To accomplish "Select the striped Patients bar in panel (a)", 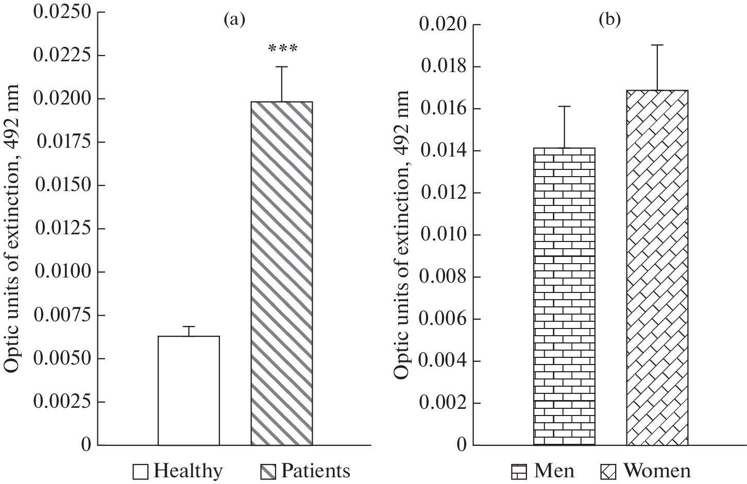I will (282, 273).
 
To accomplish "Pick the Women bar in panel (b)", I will (657, 268).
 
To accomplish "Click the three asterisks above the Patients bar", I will (282, 49).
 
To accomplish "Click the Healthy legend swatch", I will (141, 472).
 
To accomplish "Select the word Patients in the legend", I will (315, 471).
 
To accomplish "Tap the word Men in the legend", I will (554, 471).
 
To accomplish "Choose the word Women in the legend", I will (657, 471).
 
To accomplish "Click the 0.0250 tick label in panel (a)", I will (62, 11).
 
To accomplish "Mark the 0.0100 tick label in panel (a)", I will (62, 271).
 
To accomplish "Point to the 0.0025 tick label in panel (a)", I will (62, 402).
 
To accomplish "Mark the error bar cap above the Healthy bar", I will (189, 326).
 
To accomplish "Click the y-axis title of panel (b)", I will (402, 234).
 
